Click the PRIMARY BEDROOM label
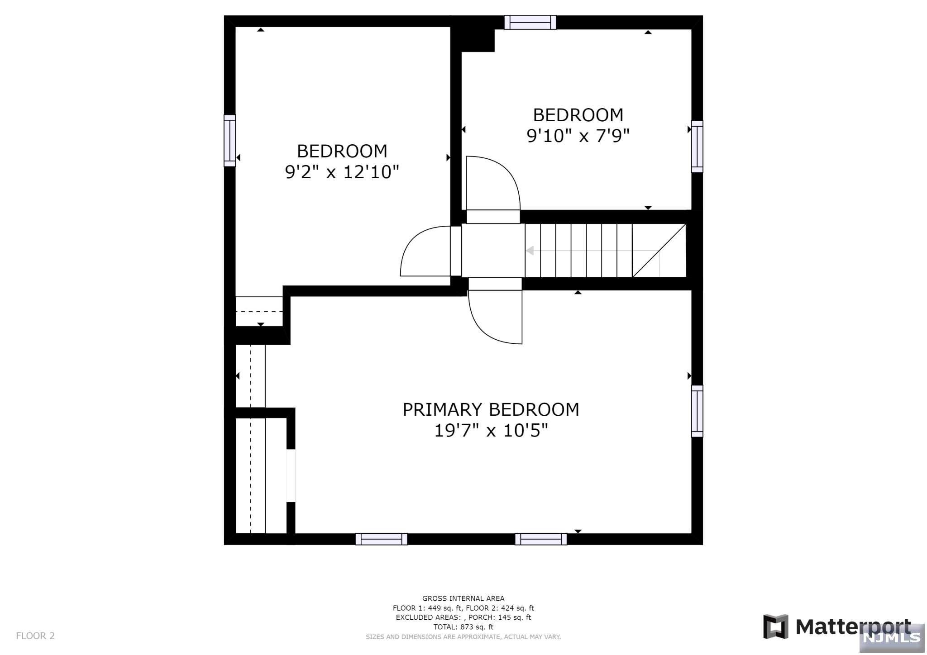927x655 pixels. (491, 410)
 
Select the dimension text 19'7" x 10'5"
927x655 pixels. (491, 431)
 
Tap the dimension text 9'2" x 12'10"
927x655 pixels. (342, 172)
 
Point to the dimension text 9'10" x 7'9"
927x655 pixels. (578, 136)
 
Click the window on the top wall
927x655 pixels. (530, 22)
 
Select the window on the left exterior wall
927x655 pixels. (230, 141)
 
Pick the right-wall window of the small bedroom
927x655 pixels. (697, 147)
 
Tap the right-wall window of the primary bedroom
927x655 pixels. (697, 411)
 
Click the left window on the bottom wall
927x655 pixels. (381, 539)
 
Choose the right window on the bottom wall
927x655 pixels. (541, 539)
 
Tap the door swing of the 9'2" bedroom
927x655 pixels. (423, 251)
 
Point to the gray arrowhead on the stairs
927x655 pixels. (530, 251)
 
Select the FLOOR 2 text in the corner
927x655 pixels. (35, 636)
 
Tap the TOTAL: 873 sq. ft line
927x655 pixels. (463, 627)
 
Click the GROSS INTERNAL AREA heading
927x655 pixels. (463, 598)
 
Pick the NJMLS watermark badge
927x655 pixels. (892, 637)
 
